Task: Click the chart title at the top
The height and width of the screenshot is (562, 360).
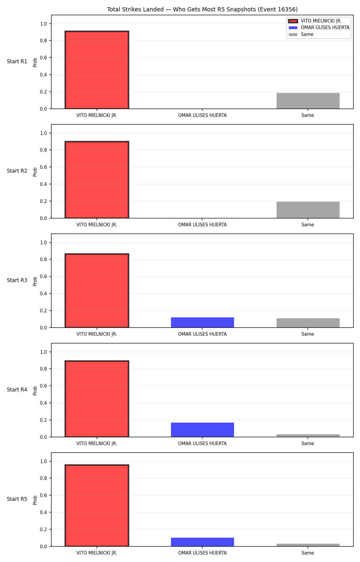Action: [202, 10]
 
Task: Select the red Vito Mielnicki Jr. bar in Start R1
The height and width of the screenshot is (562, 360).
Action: [97, 70]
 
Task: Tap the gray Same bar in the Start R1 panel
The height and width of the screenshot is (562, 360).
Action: [308, 101]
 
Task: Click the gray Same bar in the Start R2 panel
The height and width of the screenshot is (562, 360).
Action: [308, 210]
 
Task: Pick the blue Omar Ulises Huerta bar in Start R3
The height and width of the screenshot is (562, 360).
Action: [202, 323]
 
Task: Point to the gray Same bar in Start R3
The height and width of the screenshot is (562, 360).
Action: [308, 323]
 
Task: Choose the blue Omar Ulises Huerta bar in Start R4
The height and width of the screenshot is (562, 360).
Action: [202, 430]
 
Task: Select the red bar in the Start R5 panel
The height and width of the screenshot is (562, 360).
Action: [97, 506]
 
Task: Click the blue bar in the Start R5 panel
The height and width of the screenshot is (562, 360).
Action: [202, 542]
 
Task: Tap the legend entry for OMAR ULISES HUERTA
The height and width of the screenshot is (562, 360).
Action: [319, 28]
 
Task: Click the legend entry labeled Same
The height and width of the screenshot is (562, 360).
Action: [301, 34]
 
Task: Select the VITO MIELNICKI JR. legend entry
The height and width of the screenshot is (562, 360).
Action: [315, 21]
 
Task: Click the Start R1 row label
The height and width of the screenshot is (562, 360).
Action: [17, 61]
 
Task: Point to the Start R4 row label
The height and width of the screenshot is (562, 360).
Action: [17, 390]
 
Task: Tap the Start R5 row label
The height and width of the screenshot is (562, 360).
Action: [17, 499]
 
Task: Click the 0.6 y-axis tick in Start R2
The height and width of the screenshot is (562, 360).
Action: [43, 167]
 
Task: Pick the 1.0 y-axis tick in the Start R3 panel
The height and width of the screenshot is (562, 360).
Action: [43, 242]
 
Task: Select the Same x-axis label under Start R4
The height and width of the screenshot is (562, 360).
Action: [308, 444]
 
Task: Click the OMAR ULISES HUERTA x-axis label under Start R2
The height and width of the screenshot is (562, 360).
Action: [202, 225]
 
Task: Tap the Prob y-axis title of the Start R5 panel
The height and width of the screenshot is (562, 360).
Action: [35, 500]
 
